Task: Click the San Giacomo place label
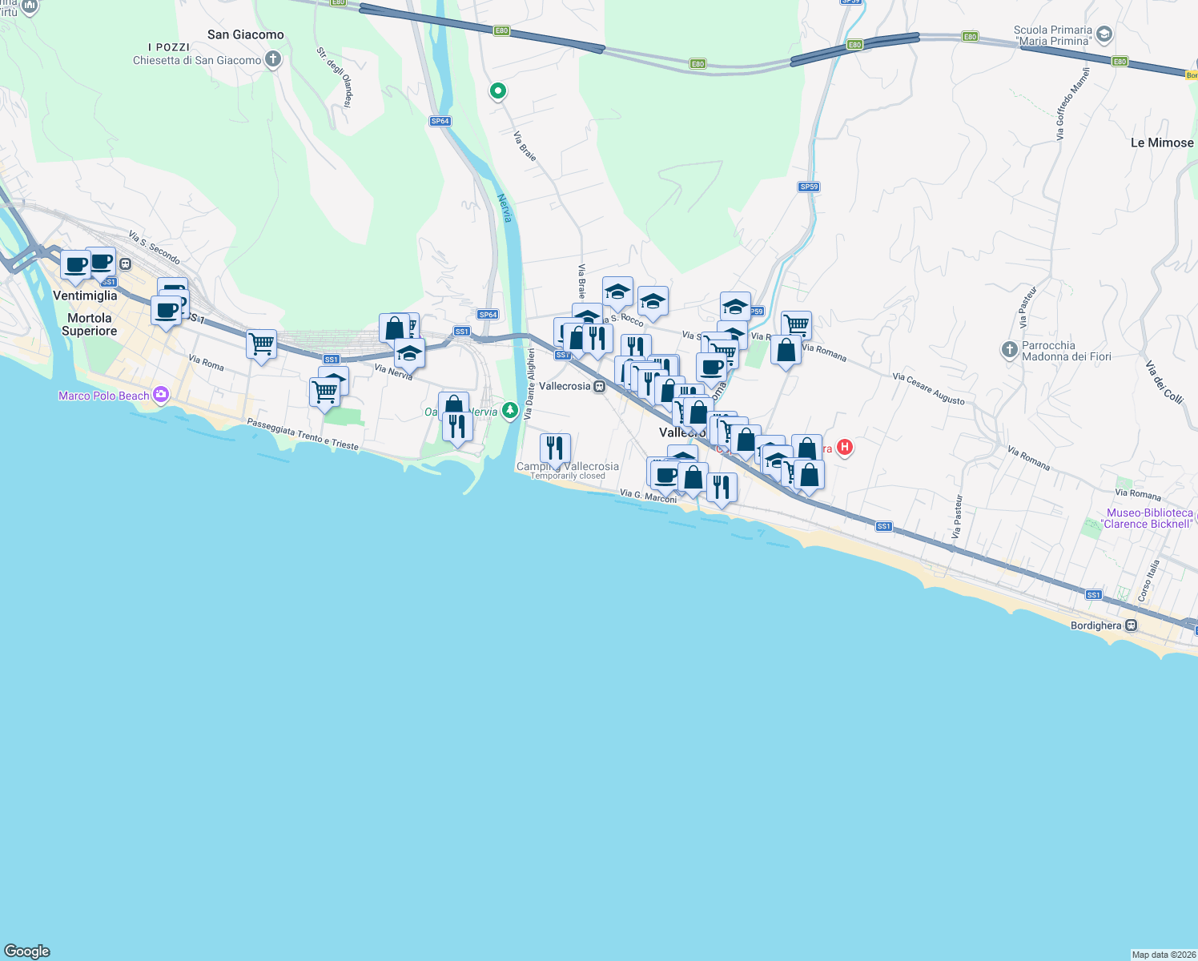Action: click(245, 34)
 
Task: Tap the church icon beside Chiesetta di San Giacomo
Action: click(273, 59)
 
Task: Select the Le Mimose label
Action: click(1161, 143)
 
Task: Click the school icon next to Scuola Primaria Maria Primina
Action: click(1104, 34)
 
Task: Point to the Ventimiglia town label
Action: click(85, 296)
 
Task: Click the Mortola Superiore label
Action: click(89, 324)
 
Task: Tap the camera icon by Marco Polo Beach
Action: click(161, 395)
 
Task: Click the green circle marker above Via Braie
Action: click(497, 91)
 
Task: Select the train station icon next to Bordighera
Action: click(1131, 625)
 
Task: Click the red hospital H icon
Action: click(844, 448)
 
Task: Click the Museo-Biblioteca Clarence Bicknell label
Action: click(1149, 518)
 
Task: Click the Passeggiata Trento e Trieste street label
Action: click(303, 434)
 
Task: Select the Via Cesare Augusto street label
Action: click(928, 388)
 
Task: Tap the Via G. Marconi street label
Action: click(648, 497)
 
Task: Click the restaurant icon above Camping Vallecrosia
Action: click(555, 448)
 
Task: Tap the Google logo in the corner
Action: click(27, 951)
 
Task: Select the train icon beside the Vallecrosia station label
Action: click(599, 386)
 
